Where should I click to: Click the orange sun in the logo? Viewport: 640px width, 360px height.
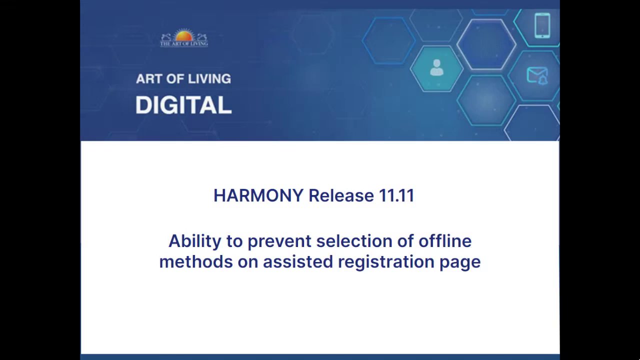(x=184, y=35)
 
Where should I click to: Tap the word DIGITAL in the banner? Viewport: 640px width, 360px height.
(x=183, y=105)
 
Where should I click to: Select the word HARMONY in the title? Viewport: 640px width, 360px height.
(x=258, y=195)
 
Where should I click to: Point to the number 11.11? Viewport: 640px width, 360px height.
(x=396, y=195)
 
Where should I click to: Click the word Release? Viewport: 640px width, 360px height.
(x=341, y=195)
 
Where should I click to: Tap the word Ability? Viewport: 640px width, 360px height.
(x=195, y=241)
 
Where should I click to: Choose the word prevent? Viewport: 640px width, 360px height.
(x=279, y=241)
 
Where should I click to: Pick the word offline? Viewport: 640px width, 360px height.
(x=445, y=241)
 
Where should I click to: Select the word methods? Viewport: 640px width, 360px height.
(x=196, y=261)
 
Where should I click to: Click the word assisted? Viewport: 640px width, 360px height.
(x=298, y=261)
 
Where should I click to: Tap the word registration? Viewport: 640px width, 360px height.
(x=386, y=262)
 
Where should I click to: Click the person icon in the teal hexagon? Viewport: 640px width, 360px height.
(x=436, y=67)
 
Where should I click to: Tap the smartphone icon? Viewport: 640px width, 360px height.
(x=542, y=25)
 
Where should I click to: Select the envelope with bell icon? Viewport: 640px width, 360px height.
(x=537, y=76)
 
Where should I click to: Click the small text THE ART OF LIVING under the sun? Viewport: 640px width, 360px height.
(x=184, y=43)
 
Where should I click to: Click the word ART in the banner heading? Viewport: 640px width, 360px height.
(x=149, y=79)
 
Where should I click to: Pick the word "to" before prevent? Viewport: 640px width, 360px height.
(x=234, y=241)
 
